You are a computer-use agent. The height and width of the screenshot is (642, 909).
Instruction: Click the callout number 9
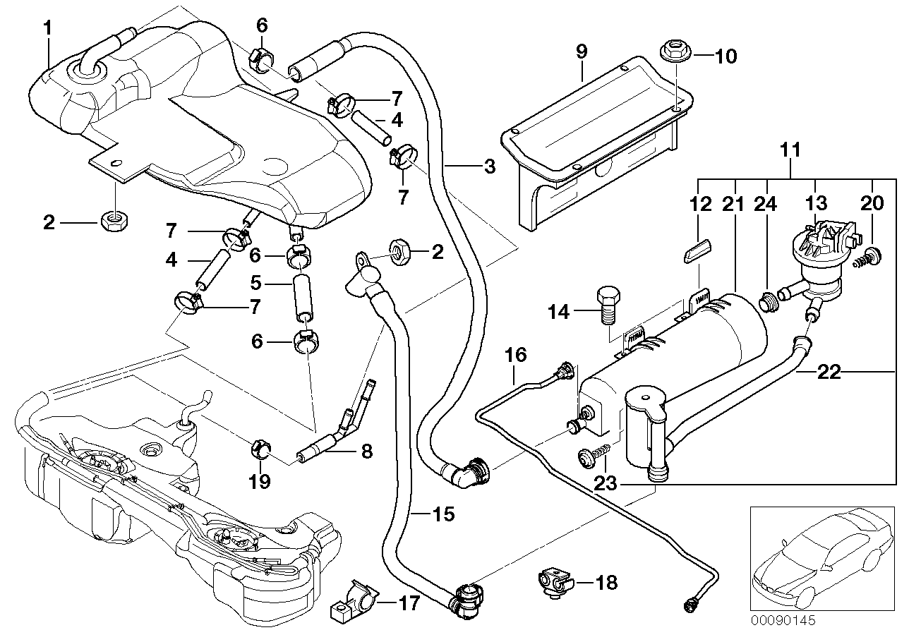tap(582, 52)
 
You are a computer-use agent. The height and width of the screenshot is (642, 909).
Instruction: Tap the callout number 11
tap(791, 150)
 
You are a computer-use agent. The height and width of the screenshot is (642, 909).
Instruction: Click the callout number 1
tap(47, 29)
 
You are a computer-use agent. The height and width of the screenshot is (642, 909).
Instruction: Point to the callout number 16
tap(516, 355)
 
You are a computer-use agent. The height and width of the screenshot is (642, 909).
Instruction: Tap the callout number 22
tap(830, 372)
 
